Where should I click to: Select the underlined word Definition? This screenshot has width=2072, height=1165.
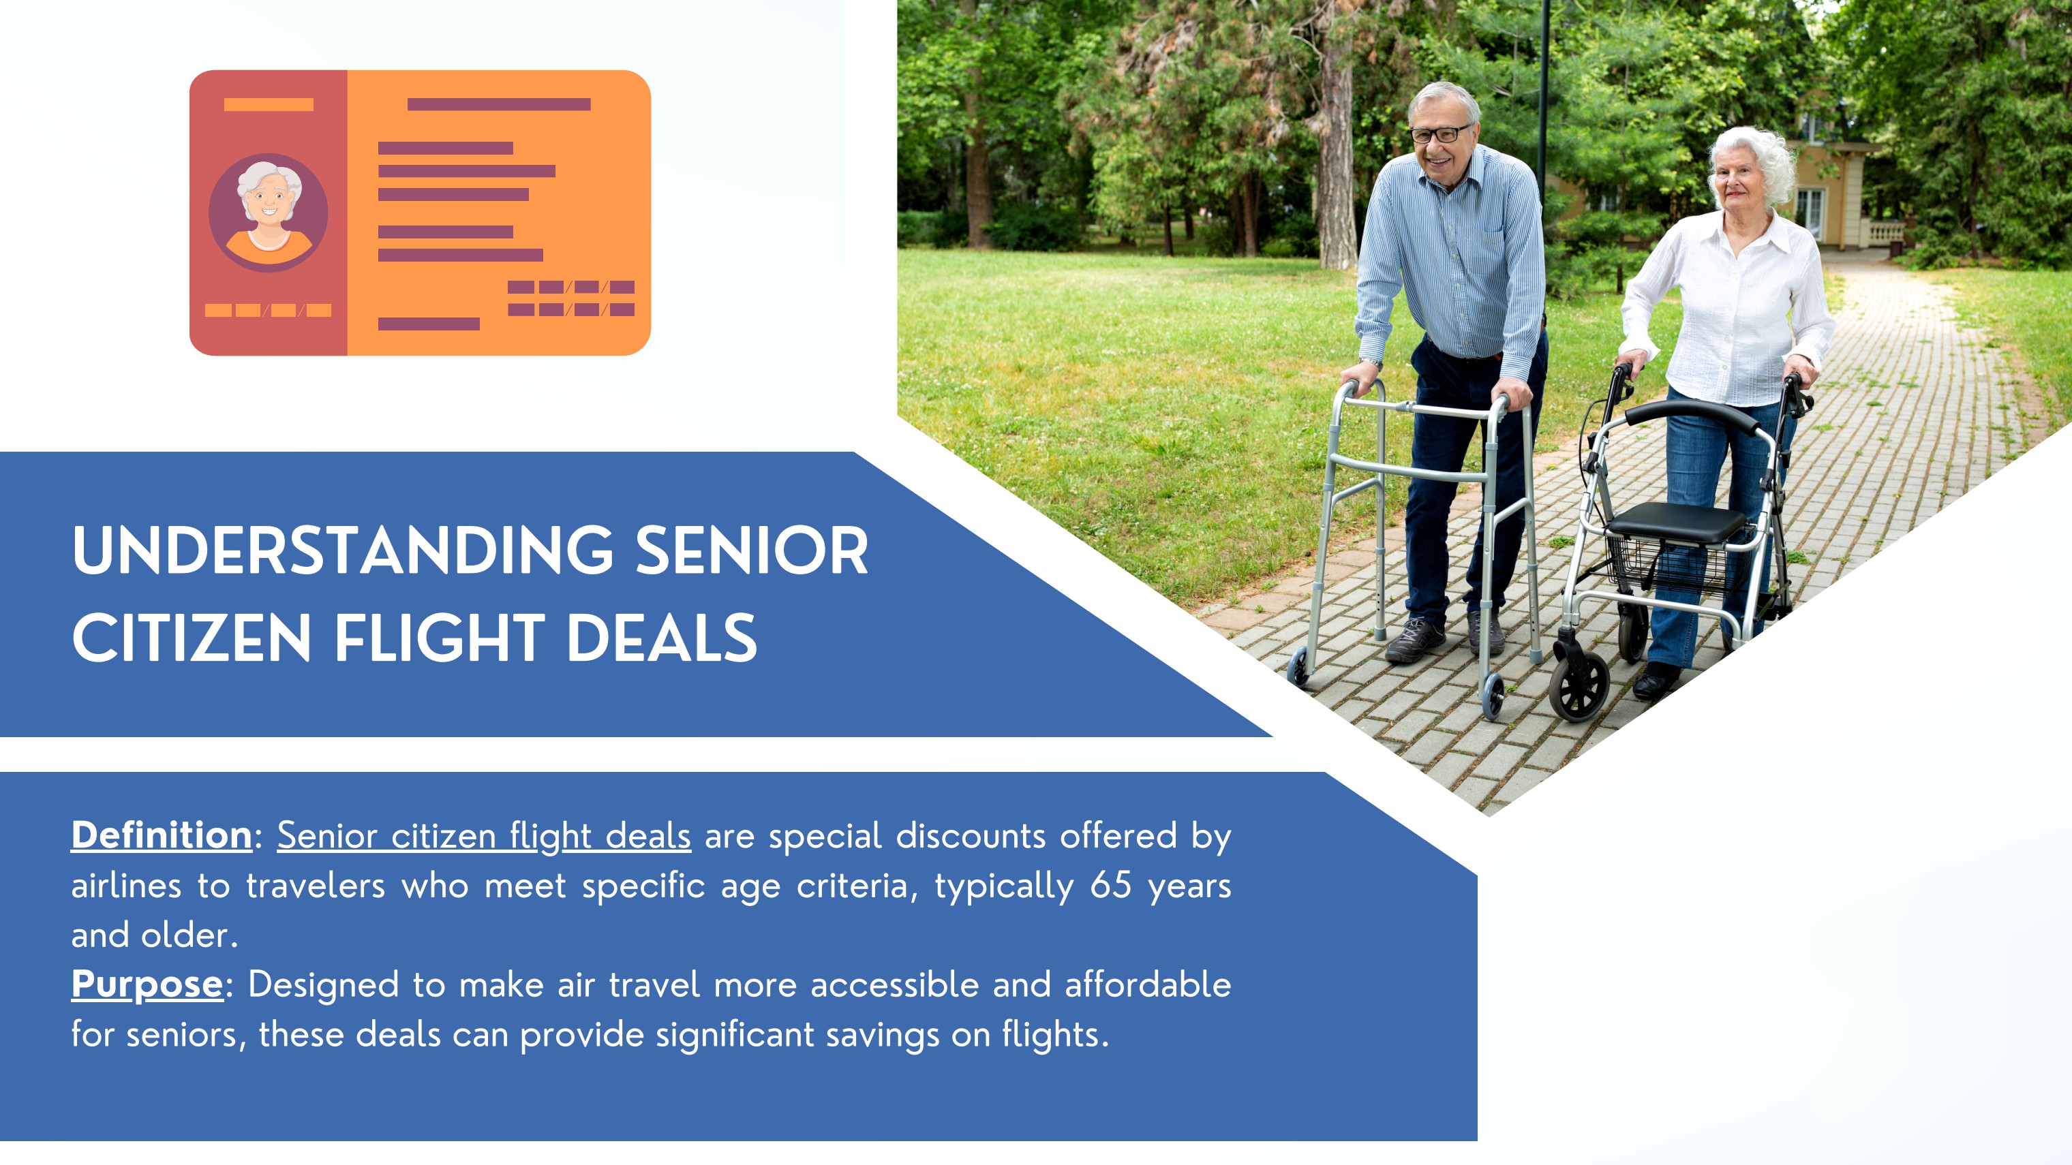162,835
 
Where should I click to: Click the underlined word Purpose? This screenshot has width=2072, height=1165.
147,984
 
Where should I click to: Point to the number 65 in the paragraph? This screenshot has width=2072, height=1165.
1111,885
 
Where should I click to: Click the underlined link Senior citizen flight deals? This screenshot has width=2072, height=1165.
484,836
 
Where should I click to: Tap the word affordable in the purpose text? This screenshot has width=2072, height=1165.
1148,984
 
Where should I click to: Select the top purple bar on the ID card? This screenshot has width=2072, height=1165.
499,104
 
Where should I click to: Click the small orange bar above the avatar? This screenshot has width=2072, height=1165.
269,104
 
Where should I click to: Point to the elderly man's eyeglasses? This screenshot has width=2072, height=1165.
1439,134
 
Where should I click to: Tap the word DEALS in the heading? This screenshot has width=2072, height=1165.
662,638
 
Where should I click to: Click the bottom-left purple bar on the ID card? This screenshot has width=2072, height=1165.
429,324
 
